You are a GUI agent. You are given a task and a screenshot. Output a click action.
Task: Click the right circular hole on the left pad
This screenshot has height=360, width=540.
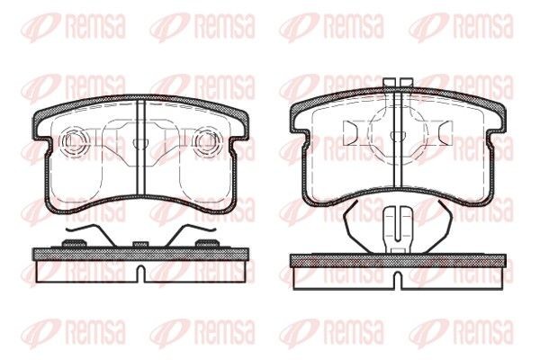coord(206,140)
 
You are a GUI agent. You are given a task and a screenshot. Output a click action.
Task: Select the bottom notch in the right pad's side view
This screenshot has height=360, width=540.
coord(395,279)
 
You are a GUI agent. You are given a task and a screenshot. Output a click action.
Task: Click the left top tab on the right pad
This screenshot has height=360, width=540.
coord(388,84)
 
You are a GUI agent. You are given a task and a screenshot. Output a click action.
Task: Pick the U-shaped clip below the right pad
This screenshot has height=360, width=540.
coord(395,230)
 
